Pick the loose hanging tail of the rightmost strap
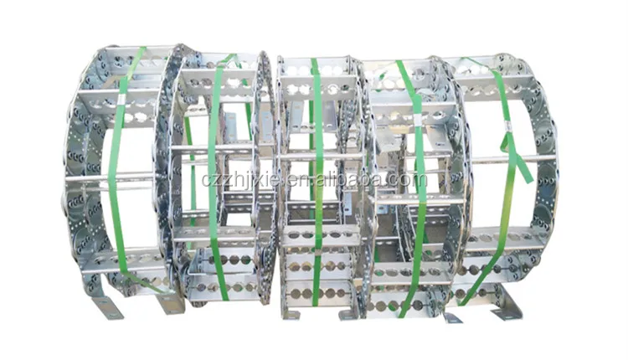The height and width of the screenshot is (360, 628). [x=521, y=167]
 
